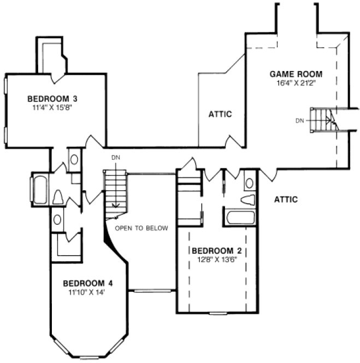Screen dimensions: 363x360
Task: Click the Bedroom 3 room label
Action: [52, 99]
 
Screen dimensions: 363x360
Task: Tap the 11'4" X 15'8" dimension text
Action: [52, 107]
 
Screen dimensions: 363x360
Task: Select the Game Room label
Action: [296, 74]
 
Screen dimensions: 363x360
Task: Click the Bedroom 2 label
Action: [217, 251]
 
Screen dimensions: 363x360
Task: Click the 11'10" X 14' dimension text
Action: [87, 292]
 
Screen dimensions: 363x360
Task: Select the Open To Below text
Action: [141, 227]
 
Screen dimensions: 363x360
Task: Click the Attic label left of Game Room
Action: [220, 114]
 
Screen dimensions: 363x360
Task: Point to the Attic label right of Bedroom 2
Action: [286, 200]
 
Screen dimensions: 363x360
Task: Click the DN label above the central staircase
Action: [115, 158]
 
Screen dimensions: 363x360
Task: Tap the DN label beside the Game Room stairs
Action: [299, 120]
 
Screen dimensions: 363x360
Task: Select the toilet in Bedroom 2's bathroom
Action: [248, 199]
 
